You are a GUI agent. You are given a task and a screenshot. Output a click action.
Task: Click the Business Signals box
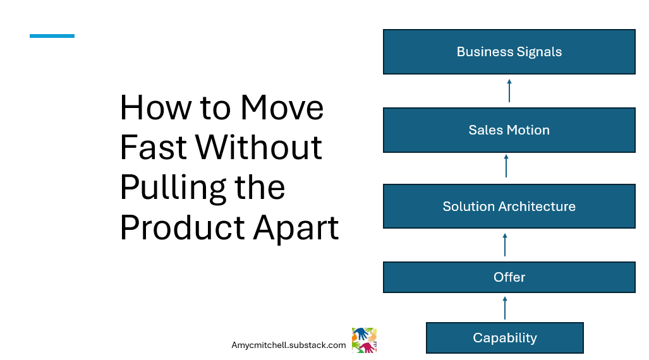[509, 52]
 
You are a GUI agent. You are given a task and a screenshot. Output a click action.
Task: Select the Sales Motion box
[509, 130]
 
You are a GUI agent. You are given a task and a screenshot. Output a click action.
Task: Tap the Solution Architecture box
[509, 207]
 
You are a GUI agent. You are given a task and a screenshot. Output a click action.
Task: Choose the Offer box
[509, 277]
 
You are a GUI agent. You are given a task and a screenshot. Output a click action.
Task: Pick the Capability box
[504, 338]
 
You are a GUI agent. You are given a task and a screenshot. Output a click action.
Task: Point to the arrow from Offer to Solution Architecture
[505, 244]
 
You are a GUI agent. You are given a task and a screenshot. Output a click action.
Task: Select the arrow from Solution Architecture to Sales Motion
[506, 166]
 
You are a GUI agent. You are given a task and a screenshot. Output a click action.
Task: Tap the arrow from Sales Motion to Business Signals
[509, 90]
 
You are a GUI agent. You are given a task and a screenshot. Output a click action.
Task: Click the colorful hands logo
[364, 340]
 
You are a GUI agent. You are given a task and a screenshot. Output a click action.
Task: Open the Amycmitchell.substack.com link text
[289, 345]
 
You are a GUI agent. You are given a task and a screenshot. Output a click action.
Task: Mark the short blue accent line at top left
[52, 36]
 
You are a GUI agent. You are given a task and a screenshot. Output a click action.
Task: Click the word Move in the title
[282, 108]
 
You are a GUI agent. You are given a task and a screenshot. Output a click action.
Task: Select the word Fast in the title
[154, 148]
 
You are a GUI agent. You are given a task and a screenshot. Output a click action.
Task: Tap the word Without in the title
[259, 148]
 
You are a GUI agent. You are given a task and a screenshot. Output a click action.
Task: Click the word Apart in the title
[296, 228]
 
